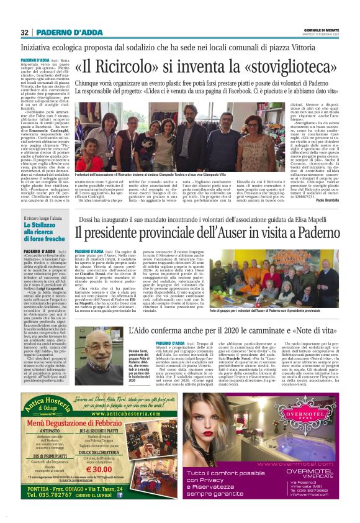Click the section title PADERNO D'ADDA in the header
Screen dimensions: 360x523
point(61,32)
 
